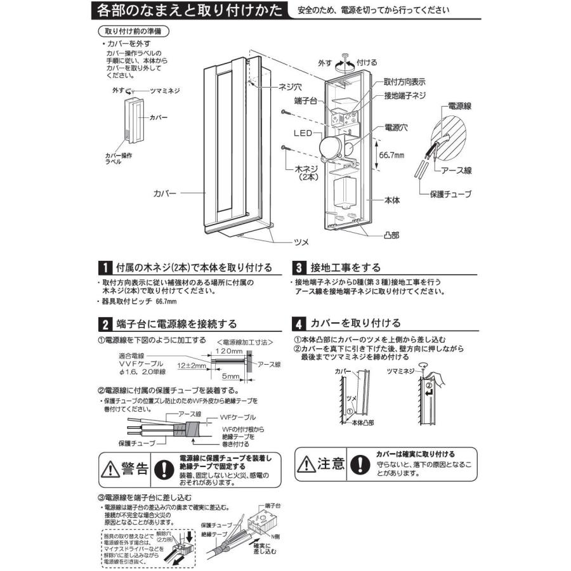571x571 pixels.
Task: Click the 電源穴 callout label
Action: [x=396, y=127]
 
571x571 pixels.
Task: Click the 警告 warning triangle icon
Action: [x=112, y=468]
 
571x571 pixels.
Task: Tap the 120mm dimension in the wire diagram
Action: [x=225, y=350]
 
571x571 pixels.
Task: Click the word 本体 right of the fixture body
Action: [x=392, y=199]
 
